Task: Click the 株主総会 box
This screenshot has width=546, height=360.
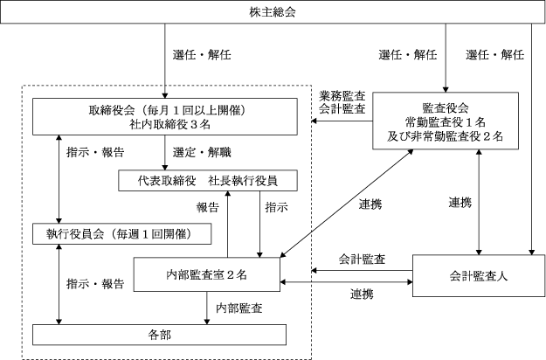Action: pyautogui.click(x=272, y=13)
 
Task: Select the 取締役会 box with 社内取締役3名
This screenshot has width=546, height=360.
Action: pyautogui.click(x=164, y=117)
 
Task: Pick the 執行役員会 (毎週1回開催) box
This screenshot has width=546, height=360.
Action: pyautogui.click(x=119, y=233)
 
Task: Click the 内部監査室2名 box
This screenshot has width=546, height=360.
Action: pyautogui.click(x=207, y=273)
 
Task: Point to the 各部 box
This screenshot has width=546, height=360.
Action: pyautogui.click(x=159, y=334)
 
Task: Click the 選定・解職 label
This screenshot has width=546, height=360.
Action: pyautogui.click(x=202, y=151)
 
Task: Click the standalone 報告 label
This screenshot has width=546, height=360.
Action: pyautogui.click(x=207, y=208)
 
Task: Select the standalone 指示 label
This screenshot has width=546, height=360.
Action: pyautogui.click(x=275, y=208)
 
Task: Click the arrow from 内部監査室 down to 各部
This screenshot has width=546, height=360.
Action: pyautogui.click(x=207, y=308)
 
